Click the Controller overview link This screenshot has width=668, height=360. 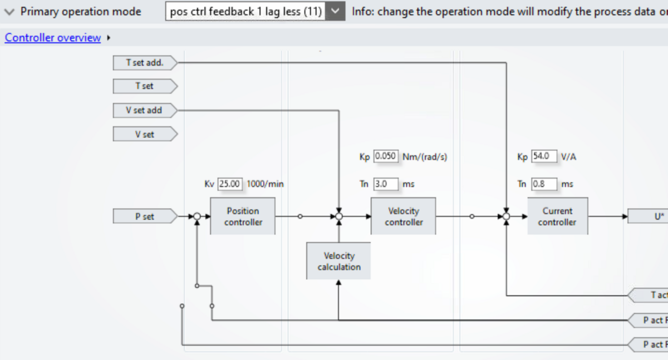point(53,38)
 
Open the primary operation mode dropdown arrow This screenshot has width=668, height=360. point(335,11)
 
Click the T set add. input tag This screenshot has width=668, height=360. point(144,62)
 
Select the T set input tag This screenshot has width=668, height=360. point(144,86)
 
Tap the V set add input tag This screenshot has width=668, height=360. point(144,110)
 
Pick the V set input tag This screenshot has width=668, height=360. point(144,134)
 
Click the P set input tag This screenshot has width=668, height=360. point(144,216)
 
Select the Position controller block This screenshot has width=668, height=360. point(243,216)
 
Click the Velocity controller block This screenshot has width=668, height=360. point(404,216)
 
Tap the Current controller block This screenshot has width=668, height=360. point(557,216)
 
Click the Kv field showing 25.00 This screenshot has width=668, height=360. point(230,184)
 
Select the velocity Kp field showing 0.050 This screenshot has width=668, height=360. point(386,156)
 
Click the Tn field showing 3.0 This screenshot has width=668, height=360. point(386,184)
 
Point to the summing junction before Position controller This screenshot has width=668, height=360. point(197,216)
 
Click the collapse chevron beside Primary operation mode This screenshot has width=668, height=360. point(9,12)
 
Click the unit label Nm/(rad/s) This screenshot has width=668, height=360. point(425,157)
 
